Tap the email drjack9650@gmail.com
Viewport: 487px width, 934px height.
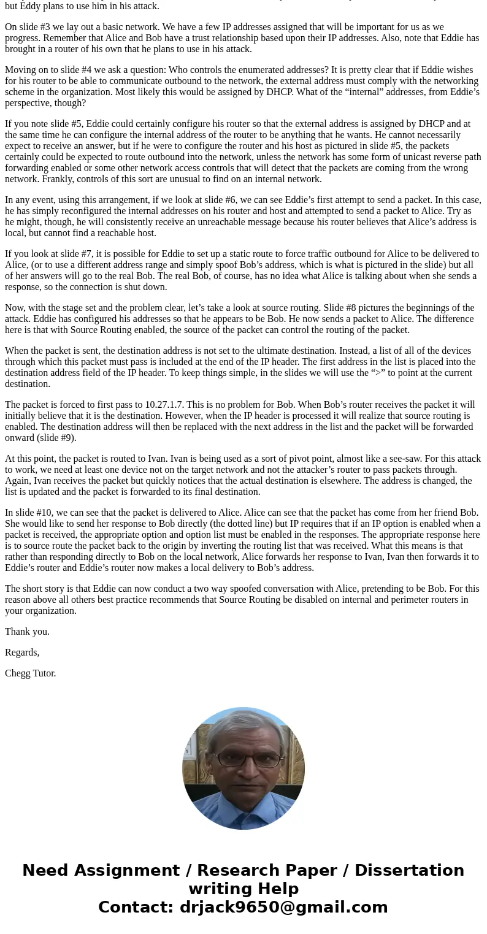(283, 907)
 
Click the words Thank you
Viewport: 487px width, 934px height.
(27, 632)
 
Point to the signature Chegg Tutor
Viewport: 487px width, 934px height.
(31, 673)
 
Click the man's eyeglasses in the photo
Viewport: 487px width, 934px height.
(243, 759)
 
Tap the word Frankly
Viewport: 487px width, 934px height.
(21, 179)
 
